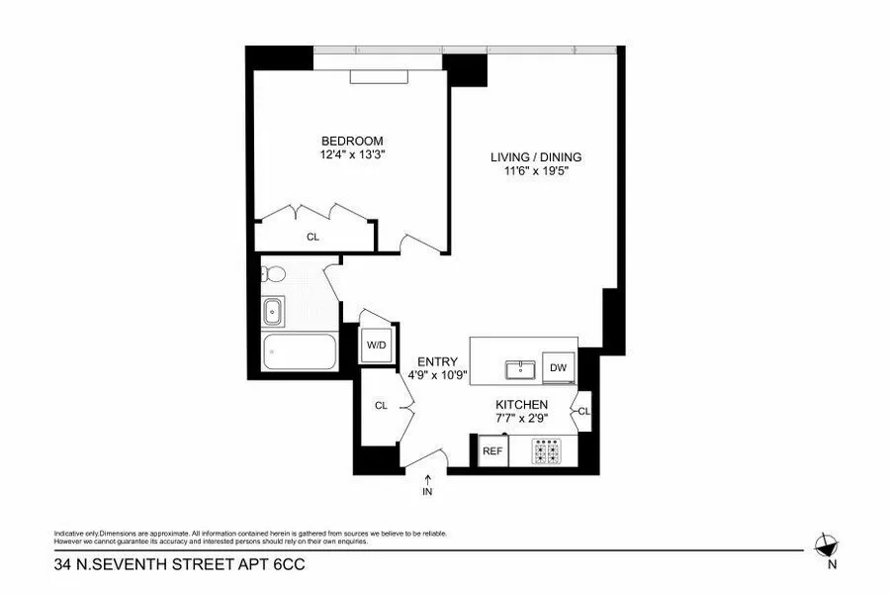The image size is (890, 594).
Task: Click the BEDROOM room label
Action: (x=351, y=141)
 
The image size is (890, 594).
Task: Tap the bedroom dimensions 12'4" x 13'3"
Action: (x=351, y=154)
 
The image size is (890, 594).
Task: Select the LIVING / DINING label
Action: (x=536, y=156)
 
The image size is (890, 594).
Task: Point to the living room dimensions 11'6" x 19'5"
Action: (x=536, y=170)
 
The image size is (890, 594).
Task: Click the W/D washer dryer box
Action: (x=376, y=345)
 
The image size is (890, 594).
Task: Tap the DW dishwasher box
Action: (x=559, y=368)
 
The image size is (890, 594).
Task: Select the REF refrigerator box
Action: (x=491, y=451)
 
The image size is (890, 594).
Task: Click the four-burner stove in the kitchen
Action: (x=546, y=451)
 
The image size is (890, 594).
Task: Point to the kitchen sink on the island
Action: (x=520, y=370)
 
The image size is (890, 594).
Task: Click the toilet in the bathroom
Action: (x=273, y=272)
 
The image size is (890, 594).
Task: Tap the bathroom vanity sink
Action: (x=273, y=314)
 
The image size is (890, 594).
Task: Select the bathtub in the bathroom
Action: (x=299, y=351)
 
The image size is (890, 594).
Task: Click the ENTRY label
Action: (x=436, y=361)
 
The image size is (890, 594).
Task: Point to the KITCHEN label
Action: (x=522, y=405)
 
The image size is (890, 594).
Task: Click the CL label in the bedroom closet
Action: (x=312, y=237)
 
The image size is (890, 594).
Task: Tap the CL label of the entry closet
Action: (x=381, y=405)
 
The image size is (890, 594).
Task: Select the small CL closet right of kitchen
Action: (x=583, y=411)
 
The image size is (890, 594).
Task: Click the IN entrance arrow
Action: (x=427, y=485)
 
